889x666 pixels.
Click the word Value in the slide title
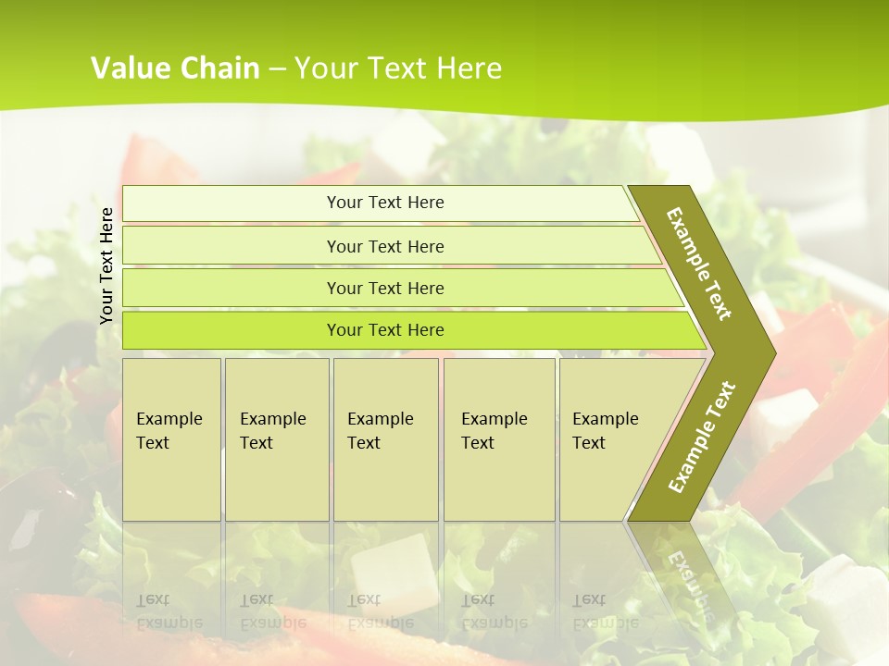(x=129, y=68)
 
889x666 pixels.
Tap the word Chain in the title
(x=219, y=68)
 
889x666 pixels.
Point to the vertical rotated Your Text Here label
(x=107, y=265)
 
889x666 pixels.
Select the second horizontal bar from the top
(x=385, y=246)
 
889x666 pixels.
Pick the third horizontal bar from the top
(x=385, y=288)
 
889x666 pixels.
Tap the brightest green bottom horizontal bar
(x=385, y=330)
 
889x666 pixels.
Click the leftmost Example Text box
(x=171, y=439)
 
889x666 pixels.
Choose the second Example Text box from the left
(x=276, y=439)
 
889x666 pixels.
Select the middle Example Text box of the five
(x=385, y=439)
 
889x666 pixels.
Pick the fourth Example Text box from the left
(x=499, y=439)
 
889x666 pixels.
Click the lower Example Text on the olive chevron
(x=702, y=437)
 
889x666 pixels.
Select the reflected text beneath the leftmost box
(x=170, y=611)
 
